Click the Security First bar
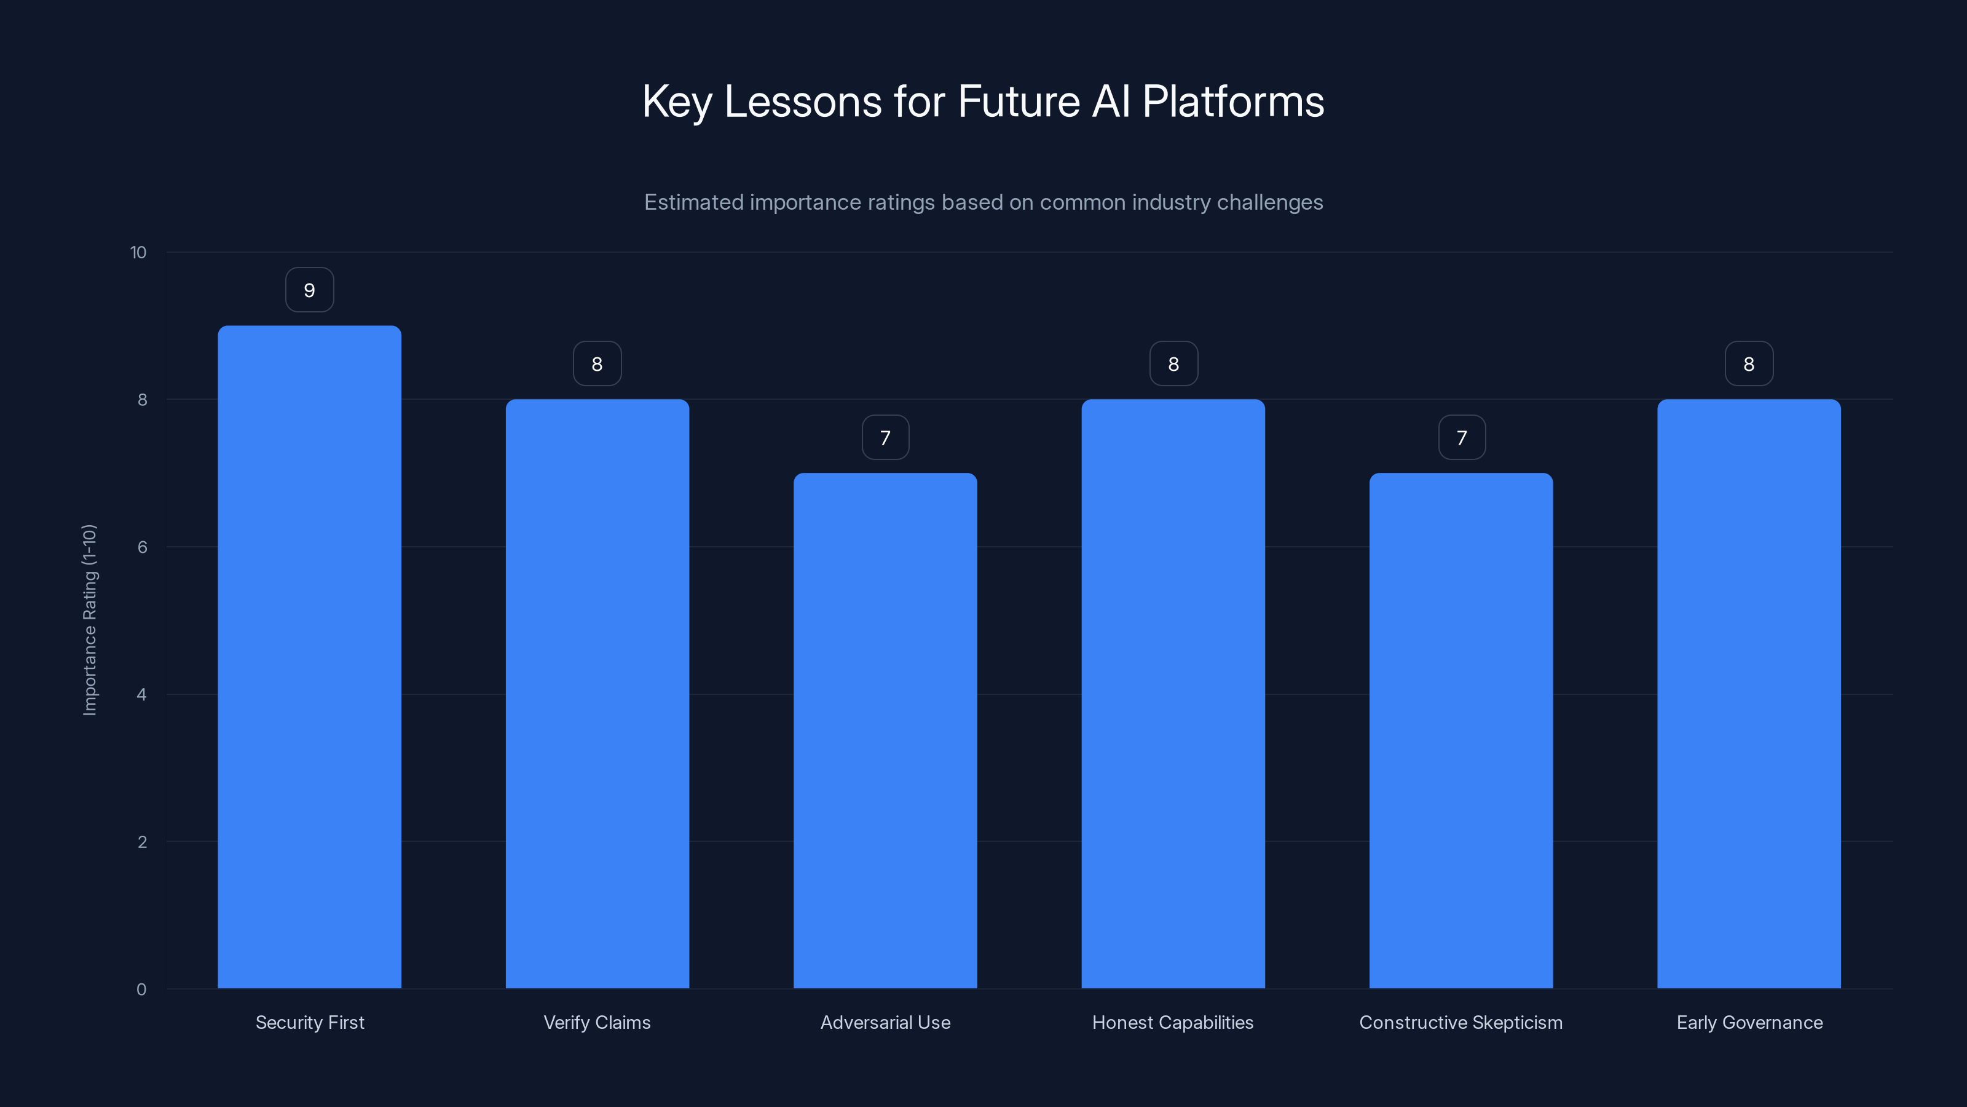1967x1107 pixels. (309, 657)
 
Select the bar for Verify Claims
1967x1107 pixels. (597, 694)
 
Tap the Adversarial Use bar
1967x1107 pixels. (885, 731)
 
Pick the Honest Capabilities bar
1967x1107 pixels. (1173, 694)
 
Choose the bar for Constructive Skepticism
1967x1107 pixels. (1460, 731)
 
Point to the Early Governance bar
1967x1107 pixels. (1749, 694)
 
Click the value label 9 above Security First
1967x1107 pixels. (309, 290)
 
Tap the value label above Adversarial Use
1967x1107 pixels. (885, 438)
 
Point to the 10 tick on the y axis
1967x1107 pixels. (138, 252)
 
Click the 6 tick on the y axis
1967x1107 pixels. (142, 547)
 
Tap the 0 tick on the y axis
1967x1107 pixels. (141, 990)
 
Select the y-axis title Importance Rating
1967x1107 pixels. (89, 619)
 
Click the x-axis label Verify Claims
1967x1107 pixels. (597, 1022)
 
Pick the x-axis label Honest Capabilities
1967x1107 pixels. (1173, 1022)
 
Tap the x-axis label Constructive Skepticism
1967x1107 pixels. (1460, 1022)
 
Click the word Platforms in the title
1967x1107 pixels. (1233, 101)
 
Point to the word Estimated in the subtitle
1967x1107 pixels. (693, 202)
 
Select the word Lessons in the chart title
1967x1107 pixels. (803, 101)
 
